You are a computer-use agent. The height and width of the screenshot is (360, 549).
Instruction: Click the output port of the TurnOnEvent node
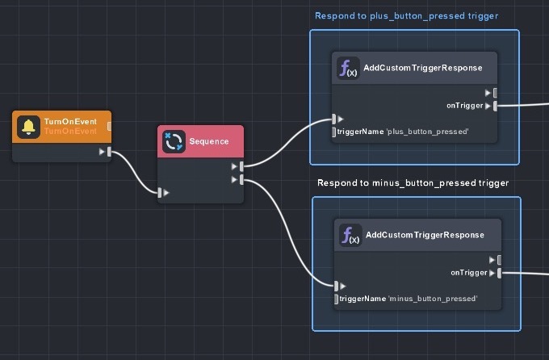pyautogui.click(x=109, y=151)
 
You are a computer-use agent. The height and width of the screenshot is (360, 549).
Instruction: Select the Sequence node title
pyautogui.click(x=209, y=141)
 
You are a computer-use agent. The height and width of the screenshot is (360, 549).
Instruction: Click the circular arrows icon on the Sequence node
pyautogui.click(x=174, y=141)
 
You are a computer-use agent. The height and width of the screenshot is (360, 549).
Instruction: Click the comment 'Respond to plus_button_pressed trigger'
pyautogui.click(x=406, y=15)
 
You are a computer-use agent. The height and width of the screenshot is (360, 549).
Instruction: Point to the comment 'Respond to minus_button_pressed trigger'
pyautogui.click(x=413, y=183)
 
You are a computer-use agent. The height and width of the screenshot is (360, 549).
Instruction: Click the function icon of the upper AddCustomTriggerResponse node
pyautogui.click(x=348, y=69)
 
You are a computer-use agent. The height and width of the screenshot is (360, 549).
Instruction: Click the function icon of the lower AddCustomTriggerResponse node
pyautogui.click(x=350, y=235)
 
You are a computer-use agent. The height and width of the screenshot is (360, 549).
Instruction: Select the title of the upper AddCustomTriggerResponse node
pyautogui.click(x=422, y=69)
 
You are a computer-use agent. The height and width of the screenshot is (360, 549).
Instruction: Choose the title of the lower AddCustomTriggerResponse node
pyautogui.click(x=425, y=235)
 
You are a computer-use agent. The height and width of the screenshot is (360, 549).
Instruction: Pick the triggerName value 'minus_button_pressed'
pyautogui.click(x=434, y=299)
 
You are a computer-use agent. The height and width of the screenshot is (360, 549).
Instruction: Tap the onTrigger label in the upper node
pyautogui.click(x=464, y=105)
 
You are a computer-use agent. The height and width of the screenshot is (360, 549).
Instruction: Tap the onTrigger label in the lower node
pyautogui.click(x=468, y=272)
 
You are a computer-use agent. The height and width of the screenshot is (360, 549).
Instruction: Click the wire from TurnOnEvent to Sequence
pyautogui.click(x=135, y=173)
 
